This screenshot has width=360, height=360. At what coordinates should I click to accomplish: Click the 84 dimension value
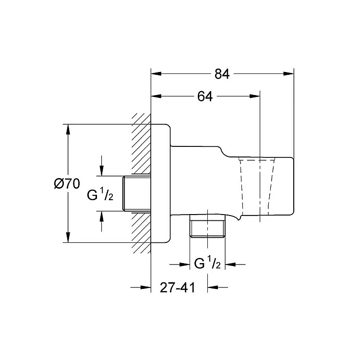(222, 74)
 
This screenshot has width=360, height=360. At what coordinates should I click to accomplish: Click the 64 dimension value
(205, 96)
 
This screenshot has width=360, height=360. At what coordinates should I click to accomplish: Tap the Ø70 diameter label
(67, 184)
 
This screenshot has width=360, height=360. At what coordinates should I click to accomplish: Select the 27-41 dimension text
(178, 288)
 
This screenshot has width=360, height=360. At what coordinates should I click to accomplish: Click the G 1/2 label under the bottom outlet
(207, 263)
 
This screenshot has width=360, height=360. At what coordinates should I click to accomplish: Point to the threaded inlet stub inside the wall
(137, 193)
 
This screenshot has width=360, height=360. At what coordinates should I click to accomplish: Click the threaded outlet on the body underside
(207, 226)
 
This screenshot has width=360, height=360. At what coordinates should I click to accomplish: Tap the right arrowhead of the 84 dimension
(288, 74)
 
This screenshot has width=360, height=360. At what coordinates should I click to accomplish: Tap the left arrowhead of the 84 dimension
(156, 74)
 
